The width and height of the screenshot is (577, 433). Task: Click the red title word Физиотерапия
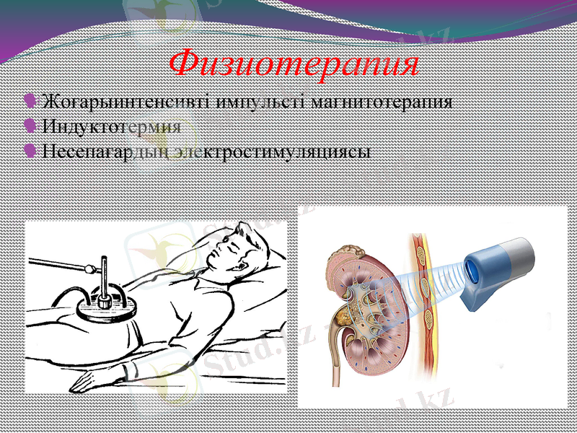294,64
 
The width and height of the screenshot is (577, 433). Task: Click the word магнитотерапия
384,100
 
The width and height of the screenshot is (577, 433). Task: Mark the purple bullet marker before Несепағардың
30,151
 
